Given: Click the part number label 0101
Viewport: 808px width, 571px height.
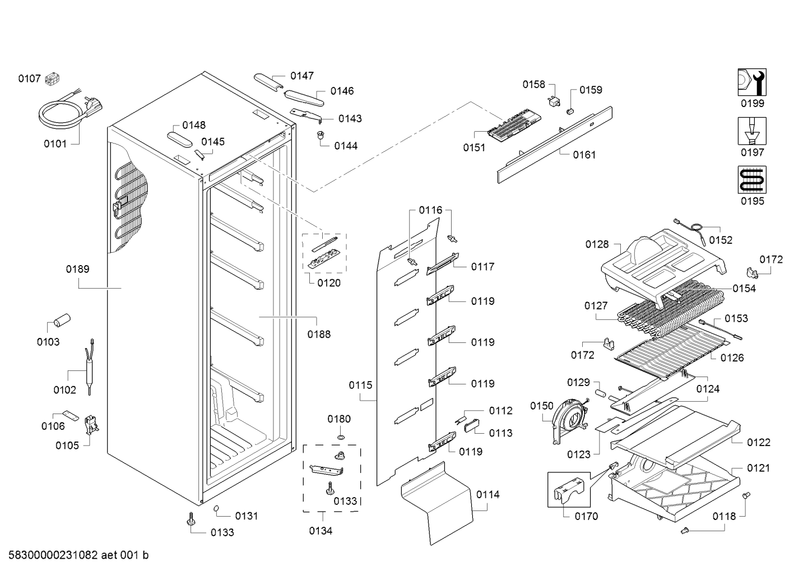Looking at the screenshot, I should click(55, 143).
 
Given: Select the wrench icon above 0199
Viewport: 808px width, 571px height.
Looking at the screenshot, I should click(751, 82).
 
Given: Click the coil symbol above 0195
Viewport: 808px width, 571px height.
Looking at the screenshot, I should click(751, 180).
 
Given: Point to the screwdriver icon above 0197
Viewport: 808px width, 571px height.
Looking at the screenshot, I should click(751, 131).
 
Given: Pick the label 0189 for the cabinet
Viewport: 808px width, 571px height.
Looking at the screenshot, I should click(77, 269).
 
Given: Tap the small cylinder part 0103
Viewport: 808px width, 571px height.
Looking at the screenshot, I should click(61, 320).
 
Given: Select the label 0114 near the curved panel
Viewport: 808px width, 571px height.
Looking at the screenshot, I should click(487, 494).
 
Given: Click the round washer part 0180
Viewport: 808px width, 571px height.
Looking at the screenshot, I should click(340, 437).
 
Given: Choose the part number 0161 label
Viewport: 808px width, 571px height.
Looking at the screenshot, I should click(584, 155).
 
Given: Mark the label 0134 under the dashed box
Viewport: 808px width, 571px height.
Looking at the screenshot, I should click(321, 531).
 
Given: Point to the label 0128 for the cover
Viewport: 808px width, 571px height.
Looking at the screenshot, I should click(597, 244).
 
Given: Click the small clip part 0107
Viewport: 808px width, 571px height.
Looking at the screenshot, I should click(53, 79).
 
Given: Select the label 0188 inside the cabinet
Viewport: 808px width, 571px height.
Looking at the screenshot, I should click(319, 334).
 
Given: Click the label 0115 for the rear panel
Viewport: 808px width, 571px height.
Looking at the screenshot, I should click(360, 385).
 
